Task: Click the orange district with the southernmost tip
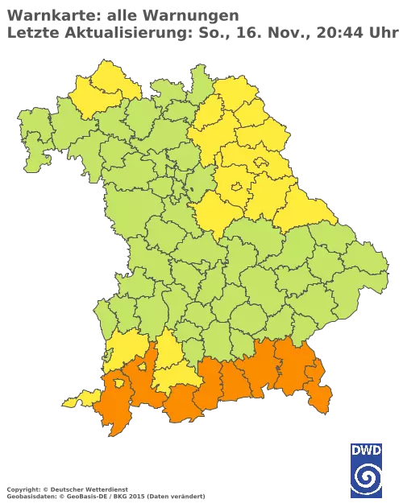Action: point(113,410)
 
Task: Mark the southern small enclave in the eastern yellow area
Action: point(236,188)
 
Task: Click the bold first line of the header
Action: point(121,14)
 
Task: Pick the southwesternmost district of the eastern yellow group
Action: point(216,211)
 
